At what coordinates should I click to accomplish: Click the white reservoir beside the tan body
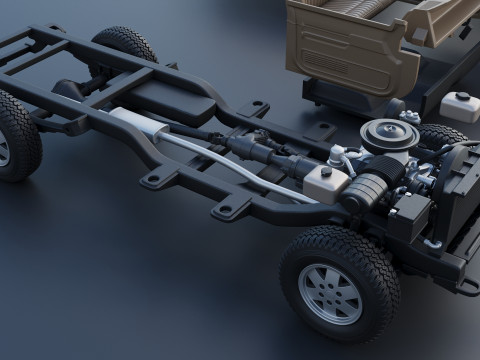point(461,106)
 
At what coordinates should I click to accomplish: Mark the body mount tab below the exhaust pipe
point(230,208)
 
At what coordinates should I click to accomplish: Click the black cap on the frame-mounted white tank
point(328,171)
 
